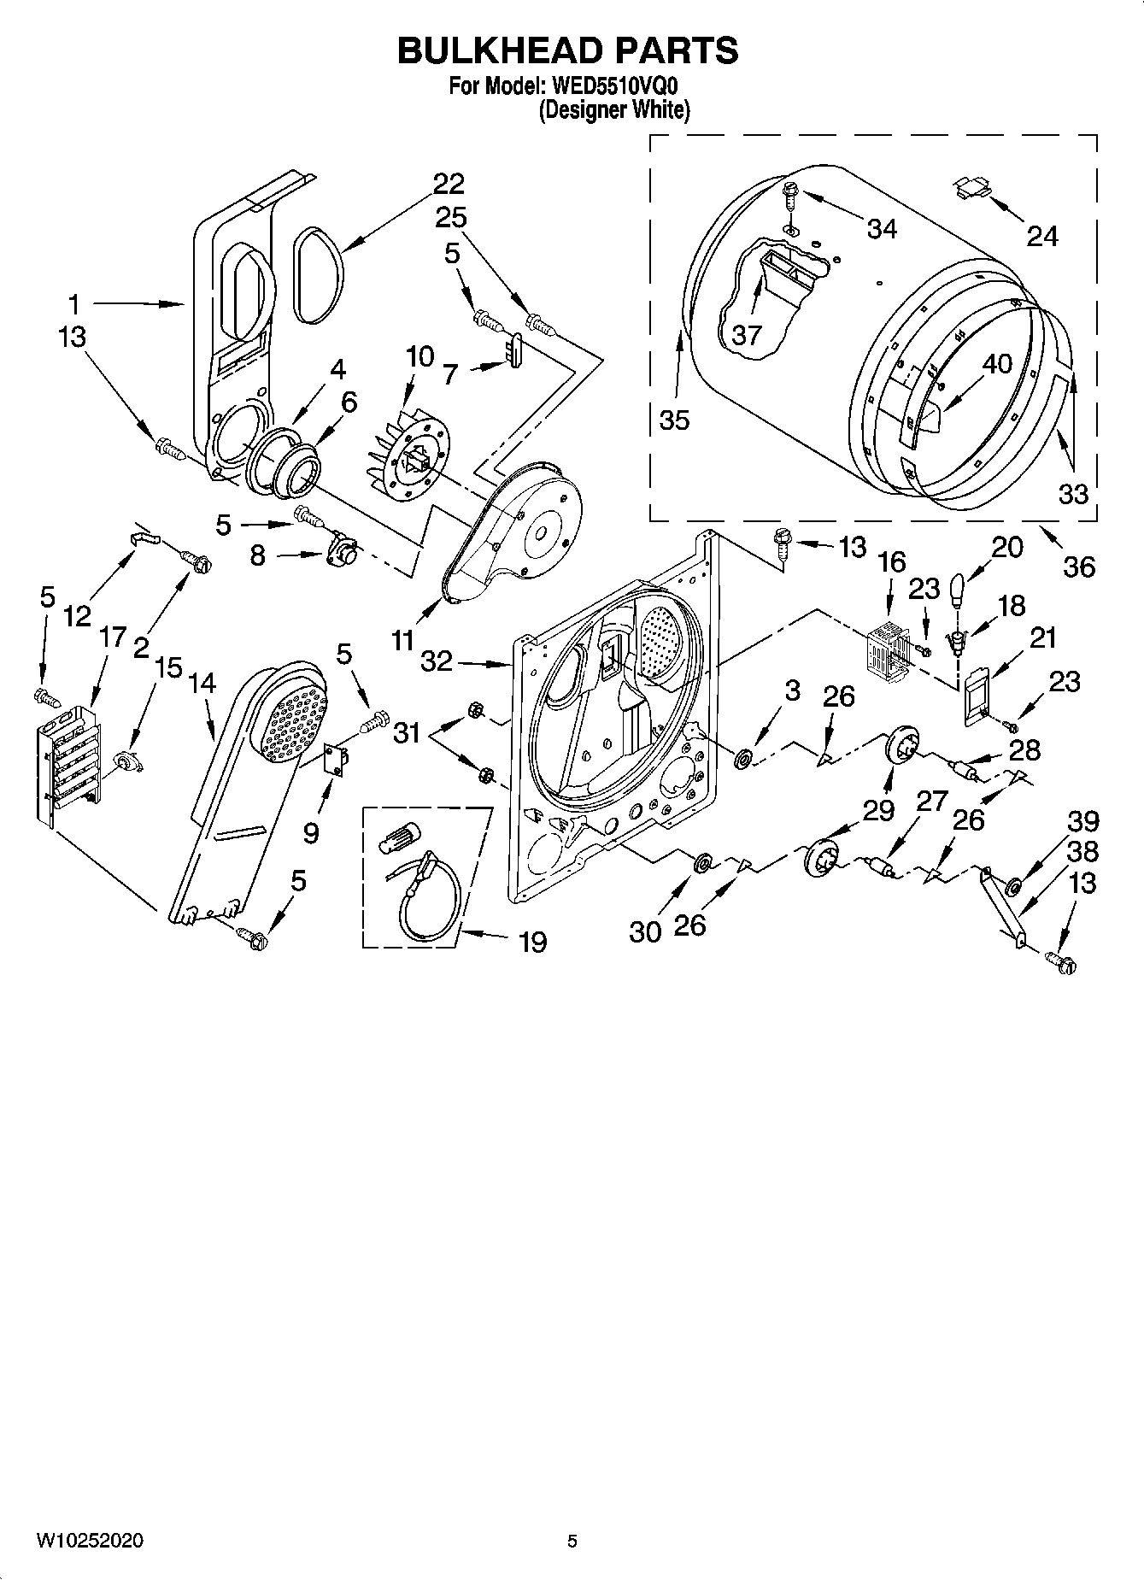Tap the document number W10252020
coord(90,1541)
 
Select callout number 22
coord(449,184)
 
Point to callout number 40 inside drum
coord(997,364)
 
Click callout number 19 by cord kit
coord(532,943)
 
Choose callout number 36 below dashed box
coord(1078,566)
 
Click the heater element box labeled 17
coord(67,761)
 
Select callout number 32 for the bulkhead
coord(437,661)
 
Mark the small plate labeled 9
coord(337,760)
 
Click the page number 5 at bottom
coord(572,1541)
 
